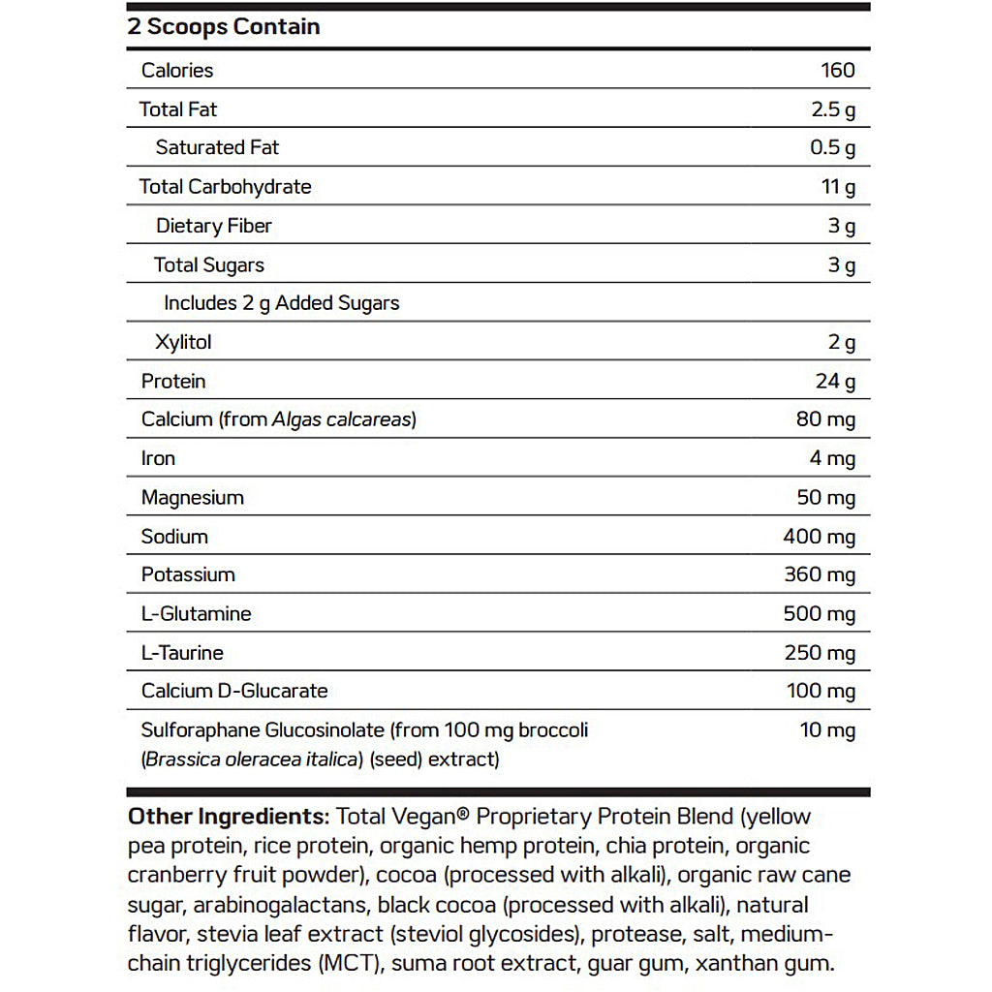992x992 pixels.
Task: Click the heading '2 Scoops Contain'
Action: tap(224, 26)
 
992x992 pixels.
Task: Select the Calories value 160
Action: tap(837, 70)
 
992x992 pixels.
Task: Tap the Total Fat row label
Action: tap(178, 109)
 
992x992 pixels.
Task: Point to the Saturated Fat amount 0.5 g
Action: tap(832, 148)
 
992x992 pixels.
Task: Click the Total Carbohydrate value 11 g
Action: tap(838, 187)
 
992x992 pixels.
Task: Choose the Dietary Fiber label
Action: tap(214, 226)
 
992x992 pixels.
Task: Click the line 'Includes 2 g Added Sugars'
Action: tap(281, 303)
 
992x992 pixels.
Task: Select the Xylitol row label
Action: tap(182, 342)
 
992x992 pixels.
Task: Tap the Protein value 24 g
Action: tap(835, 381)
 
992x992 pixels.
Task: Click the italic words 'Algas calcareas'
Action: tap(343, 419)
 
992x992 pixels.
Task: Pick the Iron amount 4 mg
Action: tap(832, 458)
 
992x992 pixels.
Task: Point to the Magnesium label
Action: tap(192, 497)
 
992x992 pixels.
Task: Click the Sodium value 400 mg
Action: tap(820, 536)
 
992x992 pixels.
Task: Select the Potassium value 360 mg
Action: tap(820, 574)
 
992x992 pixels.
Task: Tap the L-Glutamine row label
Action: tap(196, 613)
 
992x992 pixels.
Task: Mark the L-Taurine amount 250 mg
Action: tap(820, 652)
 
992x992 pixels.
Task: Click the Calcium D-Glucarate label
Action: tap(234, 691)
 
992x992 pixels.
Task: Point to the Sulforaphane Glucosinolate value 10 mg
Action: tap(827, 729)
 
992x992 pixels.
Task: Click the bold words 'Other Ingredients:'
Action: tap(229, 816)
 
